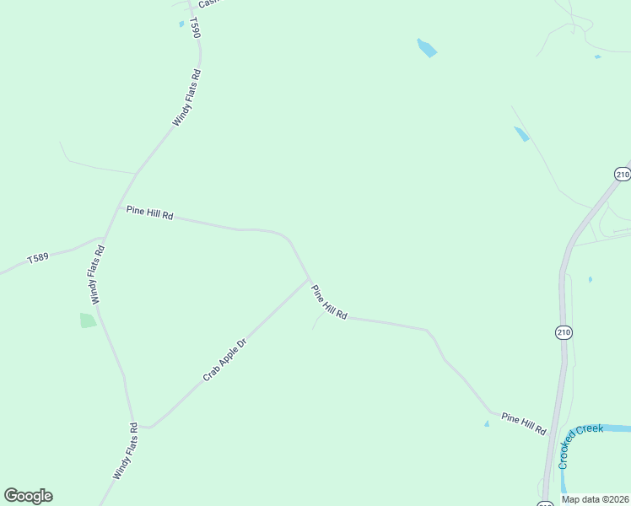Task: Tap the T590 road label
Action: click(x=195, y=28)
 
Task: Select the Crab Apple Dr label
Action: click(x=224, y=360)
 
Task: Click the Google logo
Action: click(x=28, y=496)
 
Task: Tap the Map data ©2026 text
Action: click(x=595, y=499)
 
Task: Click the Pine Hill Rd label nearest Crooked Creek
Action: click(x=524, y=423)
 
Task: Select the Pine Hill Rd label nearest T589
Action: click(x=149, y=213)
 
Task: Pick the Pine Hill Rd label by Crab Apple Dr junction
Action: click(x=329, y=303)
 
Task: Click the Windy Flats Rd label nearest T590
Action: click(x=186, y=98)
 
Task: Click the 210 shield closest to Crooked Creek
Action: click(x=564, y=333)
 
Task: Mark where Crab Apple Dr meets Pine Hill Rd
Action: click(x=310, y=279)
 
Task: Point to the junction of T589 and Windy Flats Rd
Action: click(x=104, y=239)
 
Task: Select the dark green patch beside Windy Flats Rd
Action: click(x=88, y=320)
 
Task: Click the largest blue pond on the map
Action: click(x=427, y=47)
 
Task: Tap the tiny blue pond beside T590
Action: click(x=181, y=24)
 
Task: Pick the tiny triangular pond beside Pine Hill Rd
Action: click(x=487, y=423)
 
